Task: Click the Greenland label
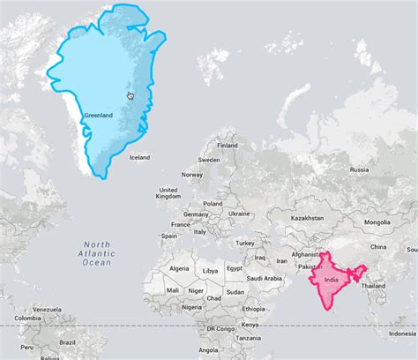point(98,115)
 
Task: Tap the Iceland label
point(139,158)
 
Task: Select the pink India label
point(332,280)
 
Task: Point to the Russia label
point(359,169)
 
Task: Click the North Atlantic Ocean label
point(97,253)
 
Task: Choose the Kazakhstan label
point(309,217)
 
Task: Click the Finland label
point(228,146)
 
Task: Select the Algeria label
point(179,268)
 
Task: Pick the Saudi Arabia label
point(265,277)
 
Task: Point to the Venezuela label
point(49,310)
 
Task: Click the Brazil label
point(66,342)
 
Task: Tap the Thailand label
point(373,286)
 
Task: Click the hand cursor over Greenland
point(131,95)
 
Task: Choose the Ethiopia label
point(253,310)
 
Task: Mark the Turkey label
point(244,243)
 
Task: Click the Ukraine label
point(239,214)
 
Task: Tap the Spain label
point(169,236)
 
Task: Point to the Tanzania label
point(248,337)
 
